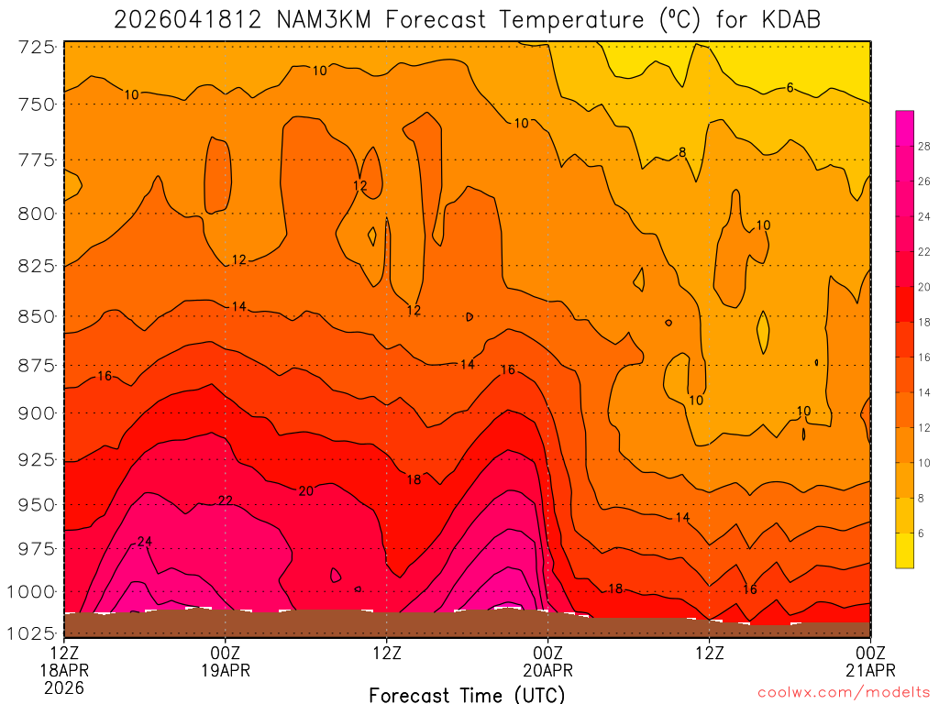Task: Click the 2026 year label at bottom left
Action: pyautogui.click(x=63, y=687)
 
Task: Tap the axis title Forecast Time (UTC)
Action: pyautogui.click(x=467, y=695)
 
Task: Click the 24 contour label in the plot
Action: pyautogui.click(x=144, y=542)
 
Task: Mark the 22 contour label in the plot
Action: pyautogui.click(x=226, y=500)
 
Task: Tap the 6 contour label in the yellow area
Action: pyautogui.click(x=790, y=88)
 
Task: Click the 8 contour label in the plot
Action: pyautogui.click(x=682, y=152)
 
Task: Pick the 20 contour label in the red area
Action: pyautogui.click(x=306, y=491)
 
